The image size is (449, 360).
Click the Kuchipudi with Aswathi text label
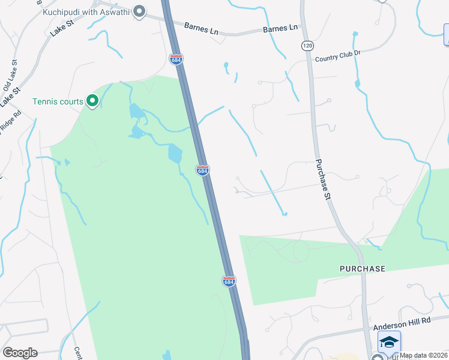click(86, 11)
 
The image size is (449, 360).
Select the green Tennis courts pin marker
click(92, 101)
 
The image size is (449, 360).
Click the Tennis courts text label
click(58, 101)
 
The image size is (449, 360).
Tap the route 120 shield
click(308, 46)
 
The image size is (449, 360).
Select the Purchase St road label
click(324, 179)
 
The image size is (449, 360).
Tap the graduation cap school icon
click(389, 342)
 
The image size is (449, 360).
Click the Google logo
click(20, 353)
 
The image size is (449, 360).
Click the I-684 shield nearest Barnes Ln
click(176, 59)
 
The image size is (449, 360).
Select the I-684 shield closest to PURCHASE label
click(229, 280)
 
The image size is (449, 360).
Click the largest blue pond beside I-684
click(175, 154)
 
